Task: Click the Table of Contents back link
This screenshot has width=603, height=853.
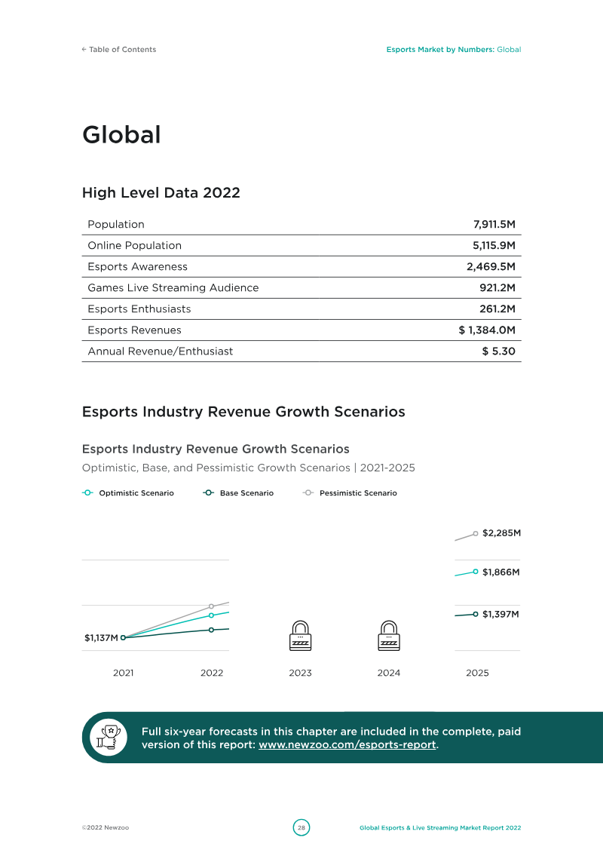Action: coord(119,50)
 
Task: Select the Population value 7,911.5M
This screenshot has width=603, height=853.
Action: coord(494,224)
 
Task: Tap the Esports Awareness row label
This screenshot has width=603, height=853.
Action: coord(138,266)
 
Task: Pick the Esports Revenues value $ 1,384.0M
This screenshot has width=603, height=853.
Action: coord(487,330)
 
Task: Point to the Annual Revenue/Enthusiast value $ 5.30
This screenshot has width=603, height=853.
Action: coord(498,351)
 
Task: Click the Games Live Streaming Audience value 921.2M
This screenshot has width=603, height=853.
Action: coord(497,288)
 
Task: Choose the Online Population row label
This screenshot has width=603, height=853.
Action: coord(135,245)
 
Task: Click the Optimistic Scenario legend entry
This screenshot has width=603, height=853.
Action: coord(128,492)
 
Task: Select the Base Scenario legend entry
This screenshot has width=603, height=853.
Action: coord(238,492)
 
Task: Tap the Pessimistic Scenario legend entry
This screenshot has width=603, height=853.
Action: coord(350,492)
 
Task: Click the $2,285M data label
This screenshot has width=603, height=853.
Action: coord(501,533)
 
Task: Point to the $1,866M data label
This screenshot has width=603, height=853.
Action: coord(500,572)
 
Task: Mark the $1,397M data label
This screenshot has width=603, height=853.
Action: coord(500,614)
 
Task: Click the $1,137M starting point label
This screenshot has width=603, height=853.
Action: coord(101,637)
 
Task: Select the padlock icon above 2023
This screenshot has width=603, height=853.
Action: coord(300,635)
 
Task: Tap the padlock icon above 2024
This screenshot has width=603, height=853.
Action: coord(389,635)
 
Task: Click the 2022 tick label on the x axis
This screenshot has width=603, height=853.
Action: coord(212,673)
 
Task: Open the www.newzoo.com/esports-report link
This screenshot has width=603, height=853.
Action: coord(347,744)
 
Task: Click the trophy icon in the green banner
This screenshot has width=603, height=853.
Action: coord(109,738)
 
